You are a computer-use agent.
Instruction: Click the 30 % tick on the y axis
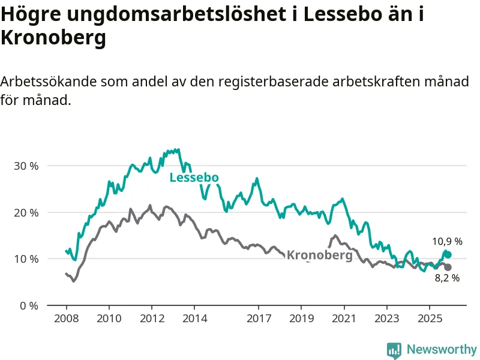click(26, 166)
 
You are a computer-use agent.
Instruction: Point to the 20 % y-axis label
click(26, 212)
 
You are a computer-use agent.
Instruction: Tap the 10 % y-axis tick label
click(26, 259)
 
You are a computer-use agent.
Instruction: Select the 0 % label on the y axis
click(28, 305)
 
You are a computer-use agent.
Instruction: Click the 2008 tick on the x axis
click(66, 318)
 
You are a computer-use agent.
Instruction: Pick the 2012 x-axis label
click(152, 318)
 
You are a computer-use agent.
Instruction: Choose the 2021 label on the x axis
click(344, 318)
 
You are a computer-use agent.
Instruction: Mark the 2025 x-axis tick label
click(430, 318)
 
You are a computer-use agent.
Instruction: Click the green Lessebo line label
click(194, 178)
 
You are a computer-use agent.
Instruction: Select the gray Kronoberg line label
click(319, 255)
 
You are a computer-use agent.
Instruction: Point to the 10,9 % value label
click(447, 242)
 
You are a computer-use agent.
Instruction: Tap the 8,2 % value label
click(447, 278)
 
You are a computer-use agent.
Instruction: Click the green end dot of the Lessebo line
click(448, 255)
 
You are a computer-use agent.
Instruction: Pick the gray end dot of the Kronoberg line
click(448, 268)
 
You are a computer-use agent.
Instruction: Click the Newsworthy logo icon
click(394, 350)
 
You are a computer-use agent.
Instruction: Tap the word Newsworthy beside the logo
click(441, 349)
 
